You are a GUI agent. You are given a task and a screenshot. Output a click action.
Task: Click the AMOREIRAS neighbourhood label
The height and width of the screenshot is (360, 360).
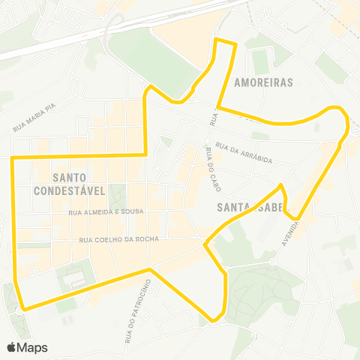(x=262, y=82)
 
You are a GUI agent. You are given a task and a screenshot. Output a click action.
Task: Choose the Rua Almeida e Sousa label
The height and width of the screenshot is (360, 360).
(x=100, y=213)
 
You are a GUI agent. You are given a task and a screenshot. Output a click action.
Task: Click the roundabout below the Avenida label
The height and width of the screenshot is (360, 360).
(x=272, y=262)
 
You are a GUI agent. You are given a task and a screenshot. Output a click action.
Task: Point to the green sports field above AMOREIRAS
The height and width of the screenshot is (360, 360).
(x=260, y=61)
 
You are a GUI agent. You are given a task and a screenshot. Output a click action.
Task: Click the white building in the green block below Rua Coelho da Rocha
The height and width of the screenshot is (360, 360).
(x=76, y=280)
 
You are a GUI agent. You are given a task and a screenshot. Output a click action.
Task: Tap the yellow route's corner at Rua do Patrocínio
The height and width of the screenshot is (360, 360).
(x=150, y=269)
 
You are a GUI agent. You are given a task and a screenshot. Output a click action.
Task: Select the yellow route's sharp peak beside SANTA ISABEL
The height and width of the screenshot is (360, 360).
(x=280, y=185)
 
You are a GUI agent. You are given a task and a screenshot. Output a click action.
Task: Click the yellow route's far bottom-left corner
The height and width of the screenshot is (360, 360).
(x=25, y=308)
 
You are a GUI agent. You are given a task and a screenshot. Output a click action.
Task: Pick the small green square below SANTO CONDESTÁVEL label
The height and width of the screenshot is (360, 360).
(x=116, y=197)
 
